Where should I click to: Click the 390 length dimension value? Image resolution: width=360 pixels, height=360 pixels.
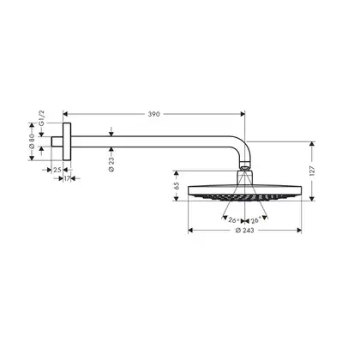tap(153, 114)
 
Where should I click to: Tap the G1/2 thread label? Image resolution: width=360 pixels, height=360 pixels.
tap(42, 118)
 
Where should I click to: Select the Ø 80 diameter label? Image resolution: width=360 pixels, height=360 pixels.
tap(32, 141)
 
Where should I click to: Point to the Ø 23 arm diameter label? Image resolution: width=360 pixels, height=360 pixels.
tap(111, 165)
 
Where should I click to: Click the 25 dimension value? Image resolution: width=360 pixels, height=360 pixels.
tap(57, 170)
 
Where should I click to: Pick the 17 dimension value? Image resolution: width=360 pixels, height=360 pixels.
tap(67, 179)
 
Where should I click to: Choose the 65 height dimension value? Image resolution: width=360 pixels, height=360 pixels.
tap(177, 186)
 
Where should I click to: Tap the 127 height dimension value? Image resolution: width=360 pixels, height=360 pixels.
tap(312, 171)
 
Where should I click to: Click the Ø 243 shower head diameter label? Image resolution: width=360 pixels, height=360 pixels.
tap(244, 231)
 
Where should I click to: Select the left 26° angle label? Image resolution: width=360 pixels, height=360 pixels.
tap(234, 220)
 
